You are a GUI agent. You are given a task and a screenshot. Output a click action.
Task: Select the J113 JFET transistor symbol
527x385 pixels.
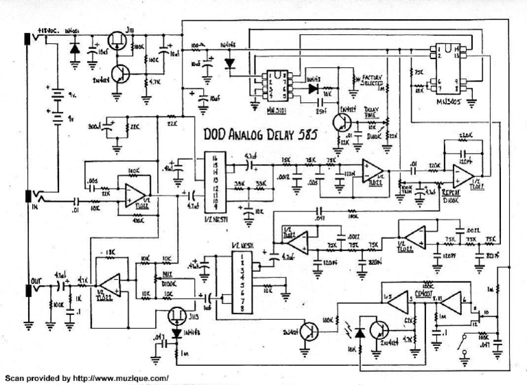[176, 316]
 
